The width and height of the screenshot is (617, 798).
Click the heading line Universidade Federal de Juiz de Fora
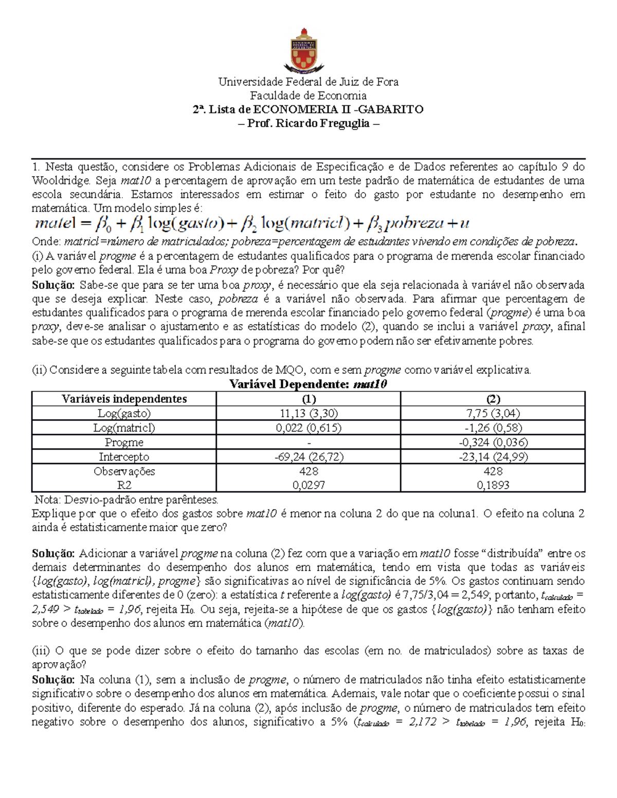tap(308, 82)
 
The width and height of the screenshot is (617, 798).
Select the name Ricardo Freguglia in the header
tap(323, 123)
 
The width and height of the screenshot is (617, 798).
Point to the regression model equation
tap(251, 224)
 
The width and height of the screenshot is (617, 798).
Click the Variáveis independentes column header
tap(124, 399)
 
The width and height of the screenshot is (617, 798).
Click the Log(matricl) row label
tap(124, 428)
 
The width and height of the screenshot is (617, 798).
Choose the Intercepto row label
tap(124, 457)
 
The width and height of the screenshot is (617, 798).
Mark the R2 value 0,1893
tap(493, 485)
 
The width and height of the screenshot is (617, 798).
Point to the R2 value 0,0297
tap(308, 485)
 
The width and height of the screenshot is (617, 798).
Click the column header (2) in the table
tap(493, 399)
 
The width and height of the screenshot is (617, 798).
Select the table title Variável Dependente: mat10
tap(308, 384)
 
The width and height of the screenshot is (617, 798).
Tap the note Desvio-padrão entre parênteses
tap(126, 499)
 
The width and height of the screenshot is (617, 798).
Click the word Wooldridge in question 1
tap(61, 181)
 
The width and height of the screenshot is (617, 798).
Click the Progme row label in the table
tap(124, 442)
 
